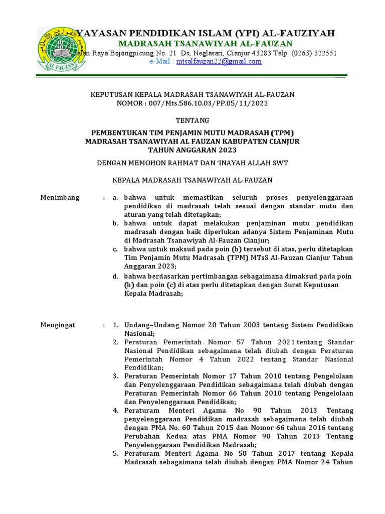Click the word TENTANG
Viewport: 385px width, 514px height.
(192, 120)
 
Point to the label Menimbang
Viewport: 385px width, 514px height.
(60, 197)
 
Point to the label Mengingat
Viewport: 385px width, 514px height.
(58, 325)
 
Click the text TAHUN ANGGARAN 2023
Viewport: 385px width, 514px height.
(192, 150)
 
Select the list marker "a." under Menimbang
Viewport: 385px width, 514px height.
(115, 197)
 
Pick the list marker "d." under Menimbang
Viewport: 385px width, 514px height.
(115, 276)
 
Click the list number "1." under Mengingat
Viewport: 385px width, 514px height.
(115, 325)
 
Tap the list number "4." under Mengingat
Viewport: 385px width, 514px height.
(115, 410)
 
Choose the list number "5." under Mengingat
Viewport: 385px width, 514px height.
(115, 453)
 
